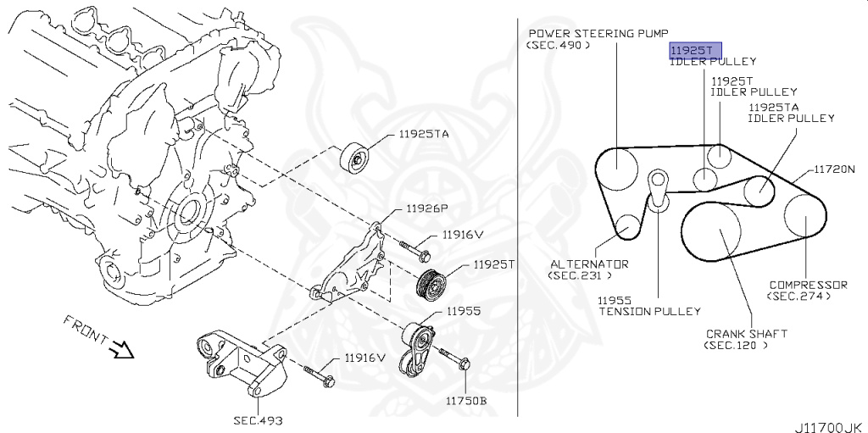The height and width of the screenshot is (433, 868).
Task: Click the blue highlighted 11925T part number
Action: pos(685,51)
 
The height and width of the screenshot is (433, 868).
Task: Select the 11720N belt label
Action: pos(837,169)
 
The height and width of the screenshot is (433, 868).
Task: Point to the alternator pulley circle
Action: pos(627,226)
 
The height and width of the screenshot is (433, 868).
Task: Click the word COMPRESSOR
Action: pos(808,285)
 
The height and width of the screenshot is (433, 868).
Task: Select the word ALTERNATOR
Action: pos(587,264)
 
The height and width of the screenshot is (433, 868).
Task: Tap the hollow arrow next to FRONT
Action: pos(120,347)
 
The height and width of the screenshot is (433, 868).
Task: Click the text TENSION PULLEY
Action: pos(650,311)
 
